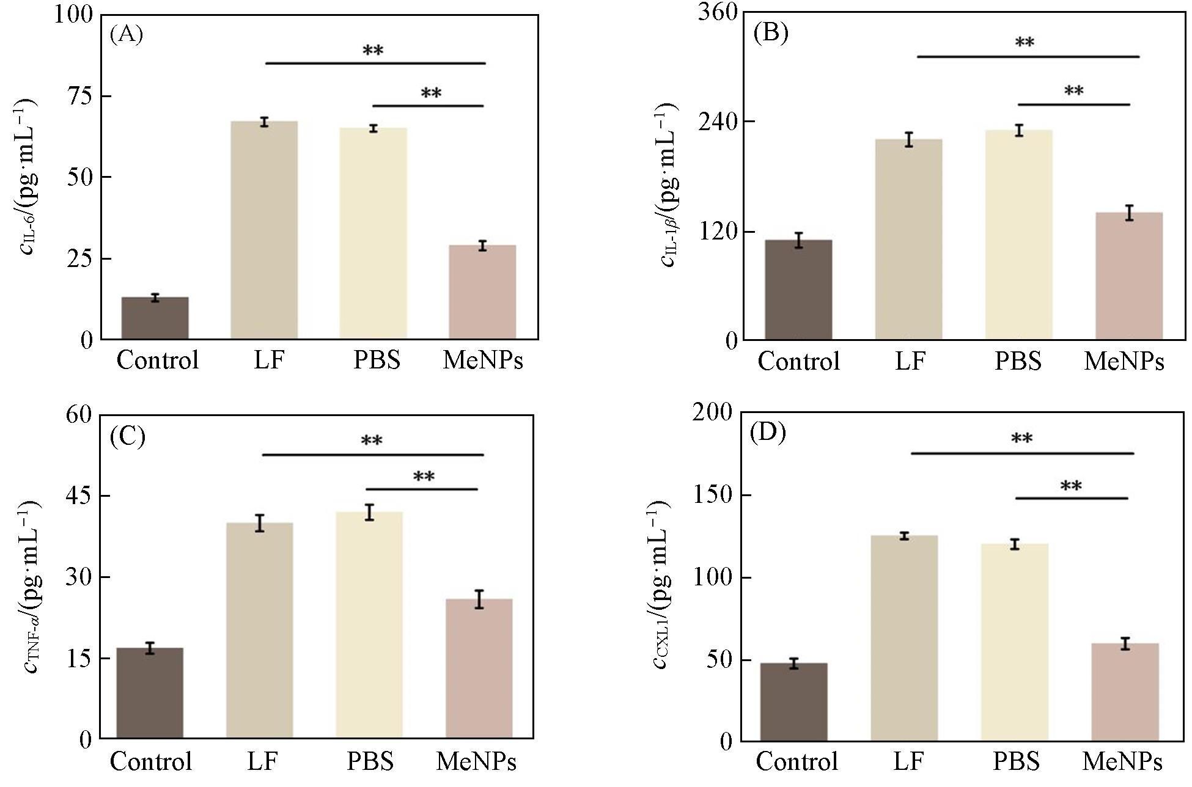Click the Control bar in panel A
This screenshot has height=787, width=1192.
(x=155, y=318)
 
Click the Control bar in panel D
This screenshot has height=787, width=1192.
(x=793, y=702)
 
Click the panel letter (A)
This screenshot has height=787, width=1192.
(x=127, y=35)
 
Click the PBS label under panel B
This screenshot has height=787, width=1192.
(x=1018, y=361)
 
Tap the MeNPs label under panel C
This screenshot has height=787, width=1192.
(x=476, y=761)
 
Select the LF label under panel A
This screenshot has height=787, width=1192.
(x=269, y=361)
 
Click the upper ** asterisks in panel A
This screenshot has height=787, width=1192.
(x=373, y=51)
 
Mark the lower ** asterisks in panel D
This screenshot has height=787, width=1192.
(x=1070, y=487)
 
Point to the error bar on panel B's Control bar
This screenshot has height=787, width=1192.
(x=798, y=240)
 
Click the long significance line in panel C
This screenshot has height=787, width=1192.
(x=373, y=455)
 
